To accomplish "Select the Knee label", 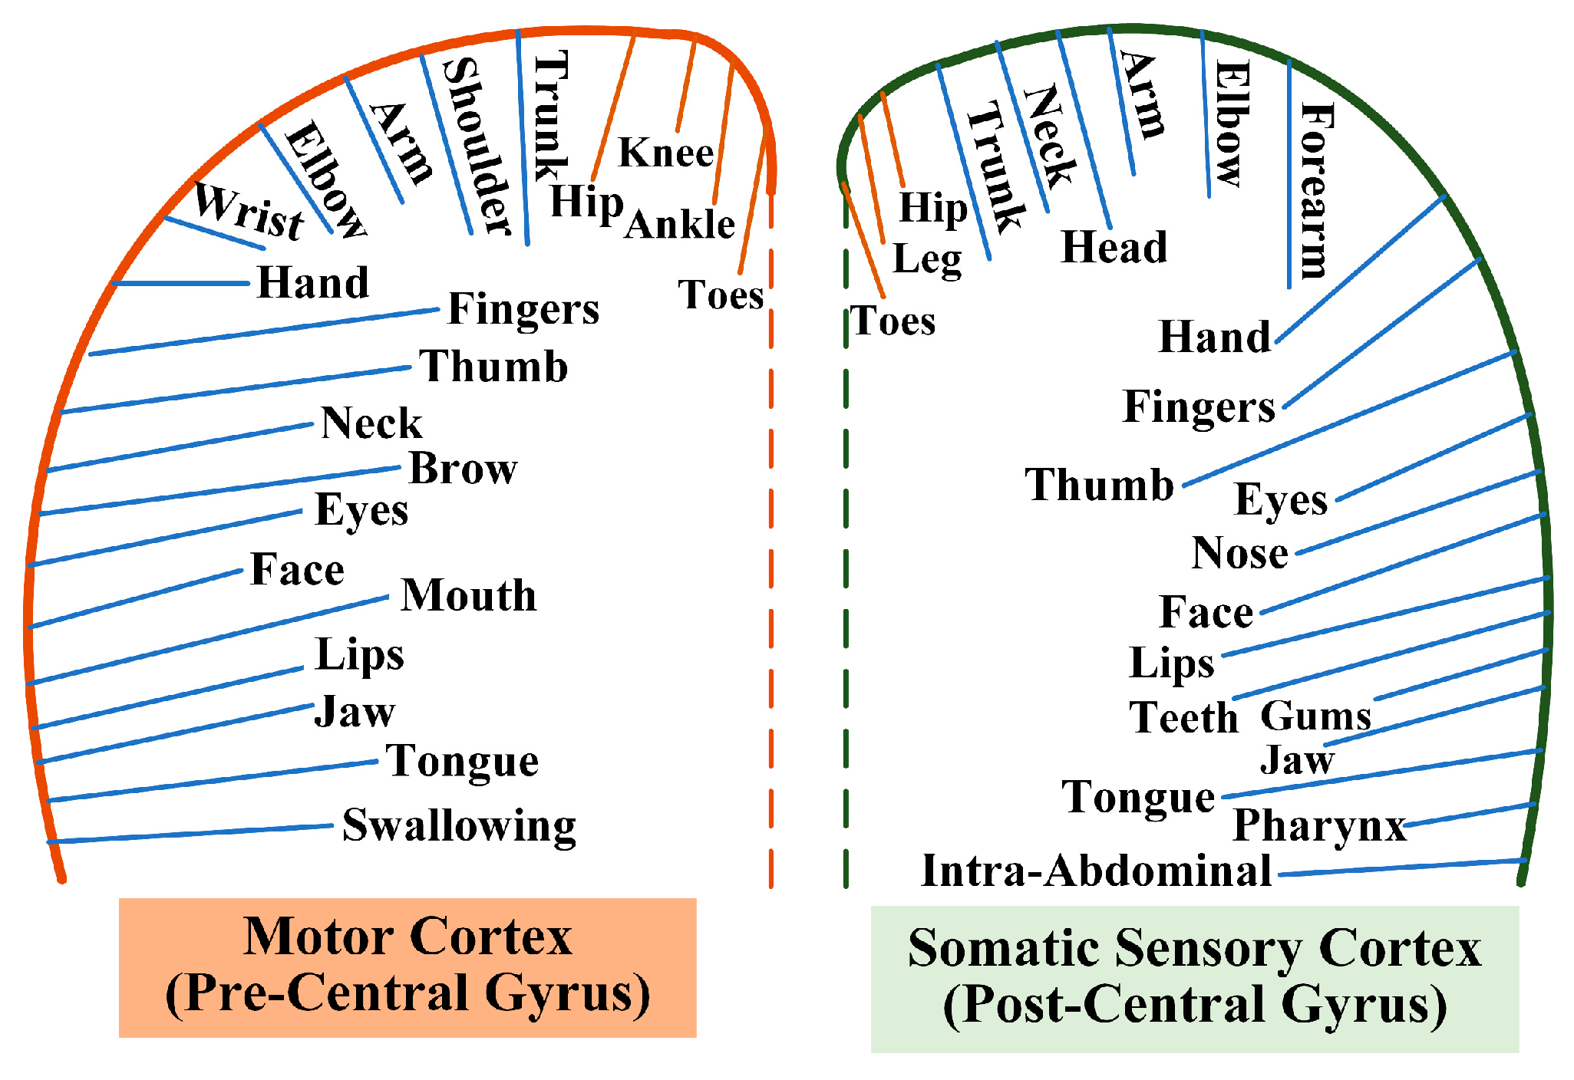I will point(666,153).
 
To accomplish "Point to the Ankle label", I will point(681,225).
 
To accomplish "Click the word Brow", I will point(464,468).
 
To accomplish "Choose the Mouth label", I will point(469,595).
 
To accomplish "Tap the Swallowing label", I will point(459,826).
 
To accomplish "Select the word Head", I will point(1114,247).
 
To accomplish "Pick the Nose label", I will point(1240,553).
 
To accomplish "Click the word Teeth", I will point(1184,718).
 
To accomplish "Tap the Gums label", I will point(1315,716).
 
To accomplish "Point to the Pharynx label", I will point(1319,826).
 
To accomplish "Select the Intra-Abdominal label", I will point(1096,871).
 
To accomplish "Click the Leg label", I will point(927,259).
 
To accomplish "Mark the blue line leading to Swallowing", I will point(192,834).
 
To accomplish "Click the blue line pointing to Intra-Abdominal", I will point(1397,868).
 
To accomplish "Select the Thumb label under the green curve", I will point(1100,486).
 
